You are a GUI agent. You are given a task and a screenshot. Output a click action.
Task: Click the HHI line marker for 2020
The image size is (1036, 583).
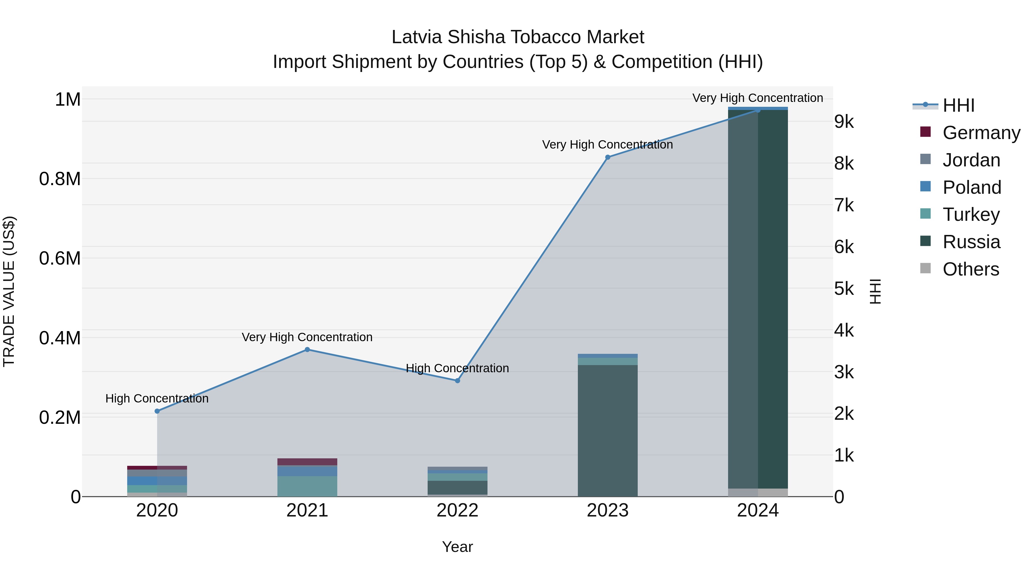157,411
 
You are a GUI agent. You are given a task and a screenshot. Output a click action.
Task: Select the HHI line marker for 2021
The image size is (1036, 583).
307,350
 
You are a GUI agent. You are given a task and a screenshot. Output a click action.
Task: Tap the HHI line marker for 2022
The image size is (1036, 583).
457,381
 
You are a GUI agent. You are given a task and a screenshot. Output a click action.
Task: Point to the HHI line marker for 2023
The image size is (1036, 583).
608,157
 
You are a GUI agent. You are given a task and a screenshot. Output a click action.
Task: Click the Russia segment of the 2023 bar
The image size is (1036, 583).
608,430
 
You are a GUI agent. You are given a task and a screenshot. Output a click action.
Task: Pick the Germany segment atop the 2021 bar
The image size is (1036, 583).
307,462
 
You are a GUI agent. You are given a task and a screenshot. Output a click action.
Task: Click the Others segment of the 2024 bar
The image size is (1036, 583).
758,493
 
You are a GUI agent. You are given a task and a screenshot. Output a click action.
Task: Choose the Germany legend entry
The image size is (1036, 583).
981,133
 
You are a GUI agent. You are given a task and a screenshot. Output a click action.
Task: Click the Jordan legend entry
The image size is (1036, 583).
971,160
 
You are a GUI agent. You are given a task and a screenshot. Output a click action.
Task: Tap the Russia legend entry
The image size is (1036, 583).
971,242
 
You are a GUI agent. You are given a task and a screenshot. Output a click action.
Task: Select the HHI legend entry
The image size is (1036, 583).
958,105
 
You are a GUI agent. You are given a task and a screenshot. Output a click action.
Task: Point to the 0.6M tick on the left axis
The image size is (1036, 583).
60,258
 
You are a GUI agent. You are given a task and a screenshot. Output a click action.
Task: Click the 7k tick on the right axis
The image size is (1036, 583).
844,205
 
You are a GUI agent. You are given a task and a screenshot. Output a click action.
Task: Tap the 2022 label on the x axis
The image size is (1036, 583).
457,510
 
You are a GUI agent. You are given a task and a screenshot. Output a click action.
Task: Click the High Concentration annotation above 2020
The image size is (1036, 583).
157,398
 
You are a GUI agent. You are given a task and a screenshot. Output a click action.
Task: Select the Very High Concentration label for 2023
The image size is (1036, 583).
607,145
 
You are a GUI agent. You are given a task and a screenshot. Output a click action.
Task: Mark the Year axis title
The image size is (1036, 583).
457,547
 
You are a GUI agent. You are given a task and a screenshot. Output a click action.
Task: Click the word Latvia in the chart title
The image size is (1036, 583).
417,37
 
